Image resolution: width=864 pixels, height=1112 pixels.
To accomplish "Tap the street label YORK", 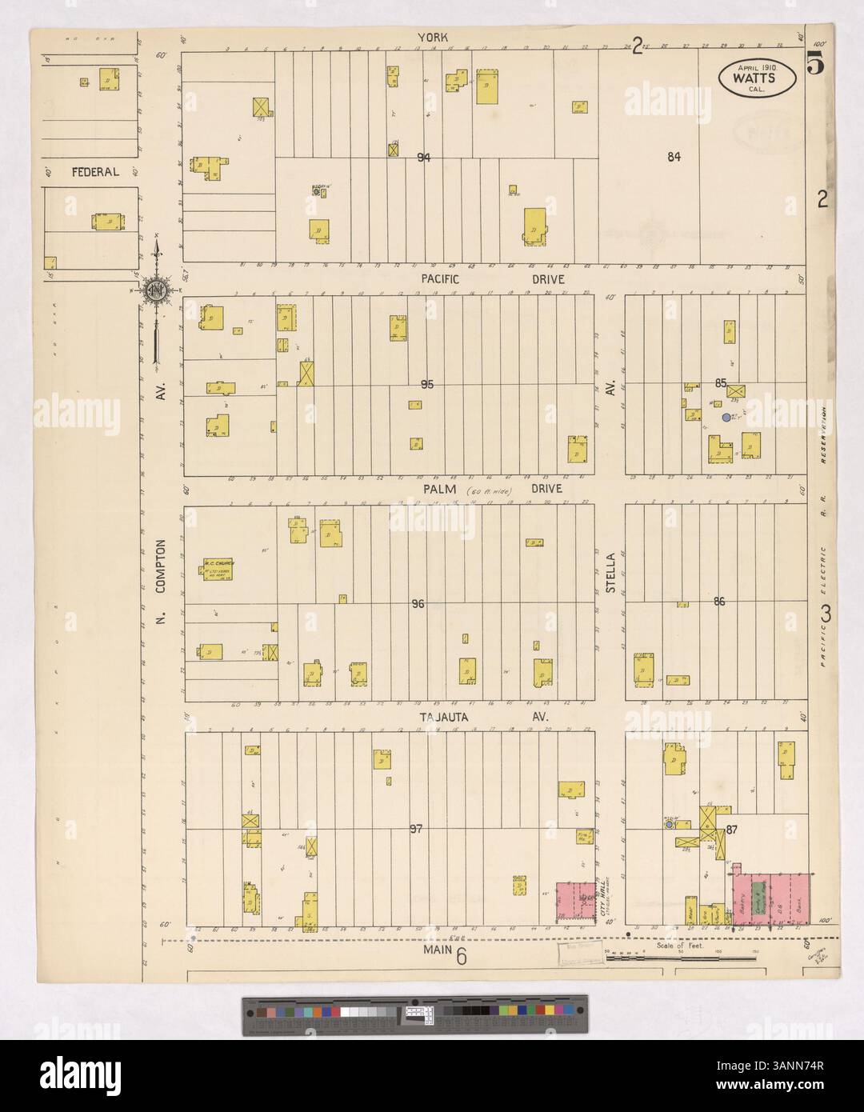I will point(436,38).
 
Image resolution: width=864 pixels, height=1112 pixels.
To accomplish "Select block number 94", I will point(424,158).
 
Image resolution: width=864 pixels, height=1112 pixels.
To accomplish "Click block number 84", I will point(674,158).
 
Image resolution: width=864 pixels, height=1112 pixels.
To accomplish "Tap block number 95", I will point(427,385).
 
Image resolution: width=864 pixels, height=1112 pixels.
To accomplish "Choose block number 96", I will point(417,604).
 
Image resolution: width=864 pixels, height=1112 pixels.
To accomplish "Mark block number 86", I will point(718,602).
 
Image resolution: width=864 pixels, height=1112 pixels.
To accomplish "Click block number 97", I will point(415,828).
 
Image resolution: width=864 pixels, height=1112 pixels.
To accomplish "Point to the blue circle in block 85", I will point(726,418).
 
